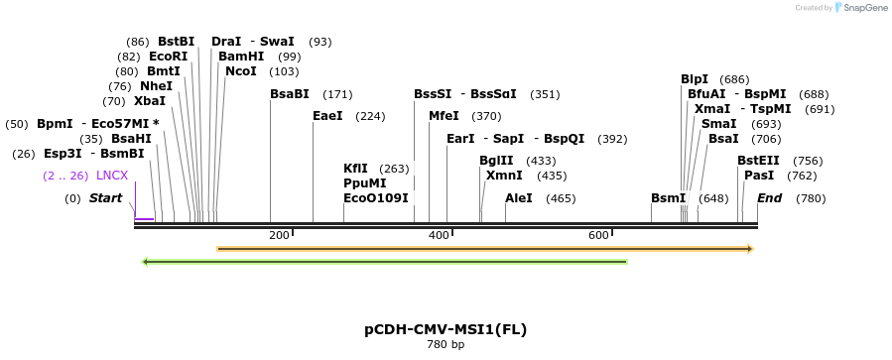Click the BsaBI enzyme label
pyautogui.click(x=290, y=94)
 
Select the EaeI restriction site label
pyautogui.click(x=327, y=116)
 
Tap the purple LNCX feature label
pyautogui.click(x=112, y=176)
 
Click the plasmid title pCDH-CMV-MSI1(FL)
pyautogui.click(x=446, y=329)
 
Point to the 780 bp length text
pyautogui.click(x=446, y=345)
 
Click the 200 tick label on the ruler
pyautogui.click(x=279, y=235)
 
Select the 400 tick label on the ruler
pyautogui.click(x=439, y=235)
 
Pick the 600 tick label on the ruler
pyautogui.click(x=598, y=235)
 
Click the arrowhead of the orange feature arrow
pyautogui.click(x=749, y=248)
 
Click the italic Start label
pyautogui.click(x=105, y=198)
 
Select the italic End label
pyautogui.click(x=770, y=198)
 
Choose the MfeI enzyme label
pyautogui.click(x=444, y=116)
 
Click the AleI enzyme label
pyautogui.click(x=519, y=198)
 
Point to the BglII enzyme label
pyautogui.click(x=496, y=161)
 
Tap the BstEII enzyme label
pyautogui.click(x=758, y=161)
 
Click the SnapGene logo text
pyautogui.click(x=866, y=8)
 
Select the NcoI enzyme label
pyautogui.click(x=241, y=71)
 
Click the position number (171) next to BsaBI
pyautogui.click(x=338, y=94)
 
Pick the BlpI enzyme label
pyautogui.click(x=695, y=79)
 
